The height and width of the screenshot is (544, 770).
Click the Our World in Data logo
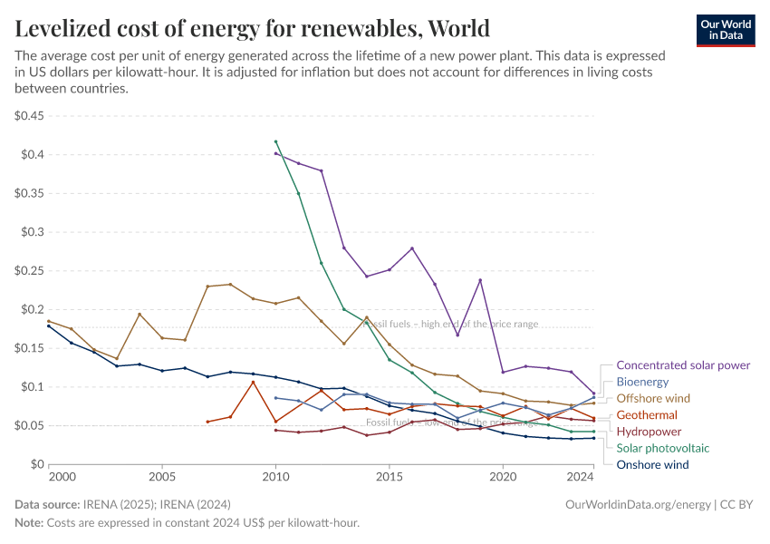725,30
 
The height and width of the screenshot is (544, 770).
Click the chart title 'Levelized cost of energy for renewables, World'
253,29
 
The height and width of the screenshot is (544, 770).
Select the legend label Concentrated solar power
683,365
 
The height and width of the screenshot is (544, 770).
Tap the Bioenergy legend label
642,382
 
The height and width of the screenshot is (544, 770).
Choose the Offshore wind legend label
653,398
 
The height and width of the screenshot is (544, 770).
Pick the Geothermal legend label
647,415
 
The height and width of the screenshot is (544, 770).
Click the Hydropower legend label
649,432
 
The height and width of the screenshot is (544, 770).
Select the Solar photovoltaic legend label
663,448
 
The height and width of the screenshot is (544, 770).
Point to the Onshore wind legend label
652,464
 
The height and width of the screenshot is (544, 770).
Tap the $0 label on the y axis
36,464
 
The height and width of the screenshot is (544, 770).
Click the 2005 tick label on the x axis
162,476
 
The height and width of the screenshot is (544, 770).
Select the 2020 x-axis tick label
503,476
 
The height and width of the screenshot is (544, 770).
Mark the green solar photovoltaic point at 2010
275,141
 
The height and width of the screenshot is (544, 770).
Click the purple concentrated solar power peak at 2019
480,280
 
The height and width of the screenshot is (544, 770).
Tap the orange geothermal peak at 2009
253,382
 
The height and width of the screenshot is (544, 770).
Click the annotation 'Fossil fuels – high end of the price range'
450,324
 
